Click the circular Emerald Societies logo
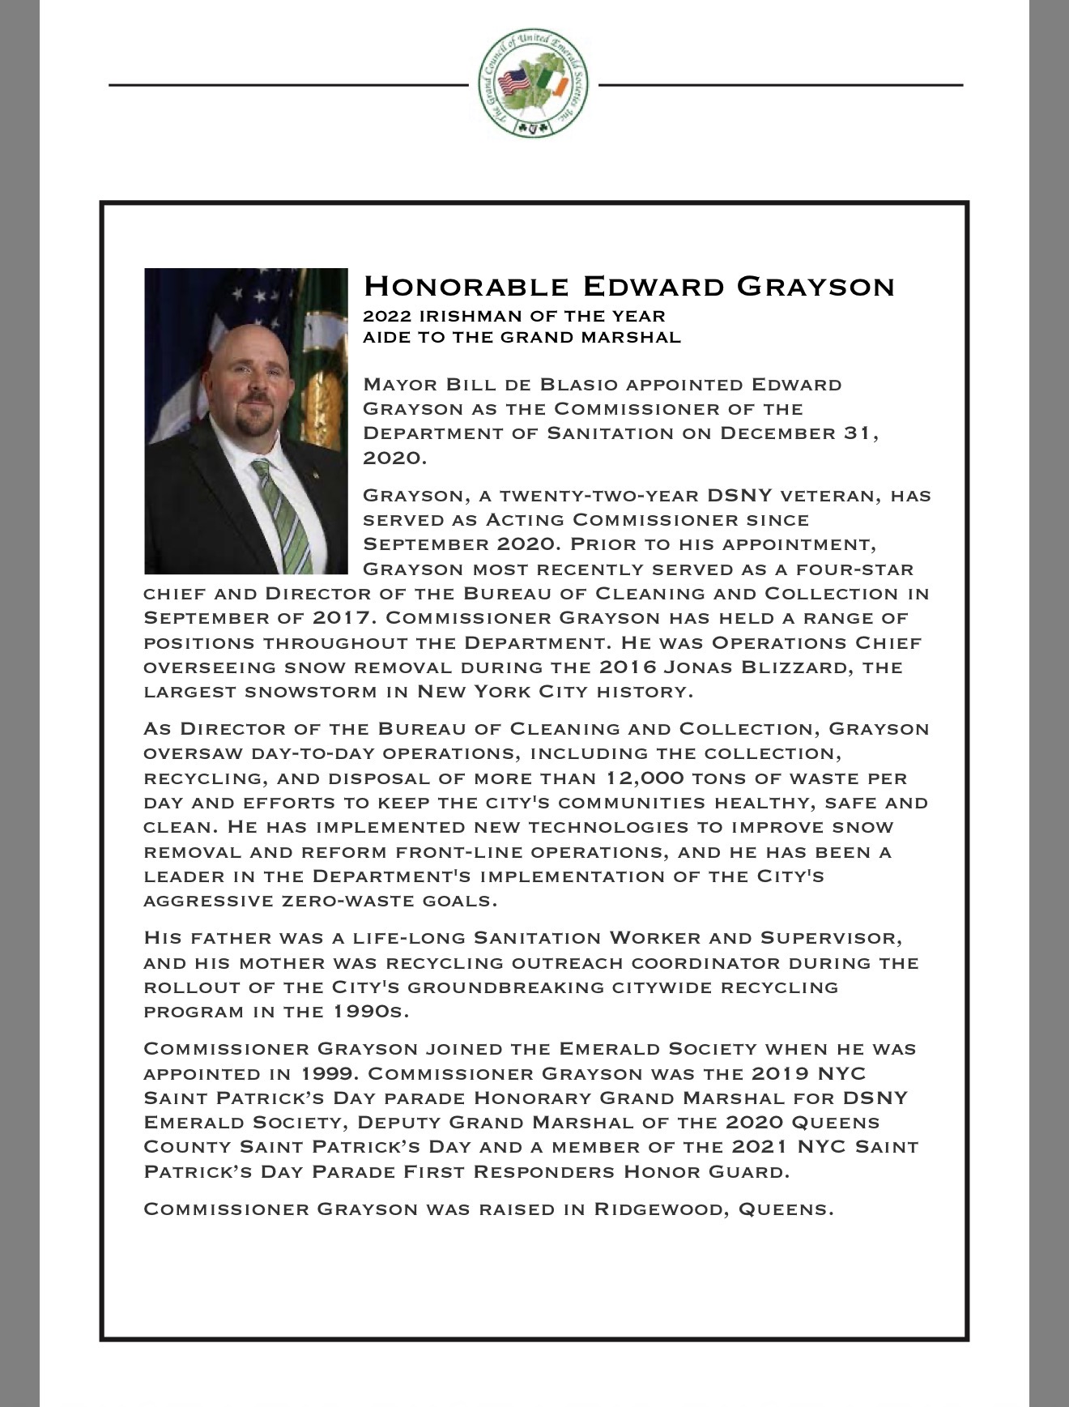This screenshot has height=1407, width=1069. click(x=533, y=83)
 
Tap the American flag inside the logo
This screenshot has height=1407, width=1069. click(x=514, y=82)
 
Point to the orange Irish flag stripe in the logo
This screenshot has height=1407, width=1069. click(x=558, y=82)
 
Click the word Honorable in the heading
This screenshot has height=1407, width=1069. click(x=466, y=286)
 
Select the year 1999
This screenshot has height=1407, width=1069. click(x=328, y=1074)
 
